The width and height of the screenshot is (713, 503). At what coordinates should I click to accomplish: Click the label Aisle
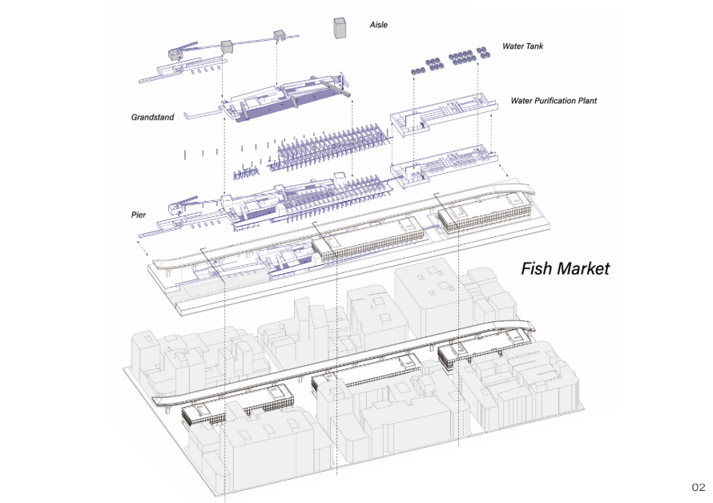point(378,26)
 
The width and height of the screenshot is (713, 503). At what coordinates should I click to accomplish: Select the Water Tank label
point(522,46)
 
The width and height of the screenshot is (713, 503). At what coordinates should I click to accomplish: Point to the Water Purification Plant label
point(554,102)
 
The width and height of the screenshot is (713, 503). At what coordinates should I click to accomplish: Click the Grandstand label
point(152,118)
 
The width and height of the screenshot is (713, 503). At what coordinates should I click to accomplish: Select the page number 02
point(699,487)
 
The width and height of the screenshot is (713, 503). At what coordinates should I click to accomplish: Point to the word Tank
point(534,46)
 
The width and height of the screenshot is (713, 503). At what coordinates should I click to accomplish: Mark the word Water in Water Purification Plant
point(521,102)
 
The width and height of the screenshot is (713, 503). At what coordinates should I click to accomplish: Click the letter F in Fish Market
point(526,268)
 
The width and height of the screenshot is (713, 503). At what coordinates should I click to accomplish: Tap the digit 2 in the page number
point(703,487)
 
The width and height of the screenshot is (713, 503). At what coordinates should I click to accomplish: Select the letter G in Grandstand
point(135,118)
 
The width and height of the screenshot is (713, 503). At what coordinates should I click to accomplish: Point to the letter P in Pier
point(134,215)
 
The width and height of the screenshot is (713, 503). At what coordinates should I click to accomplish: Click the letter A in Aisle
point(371,26)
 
